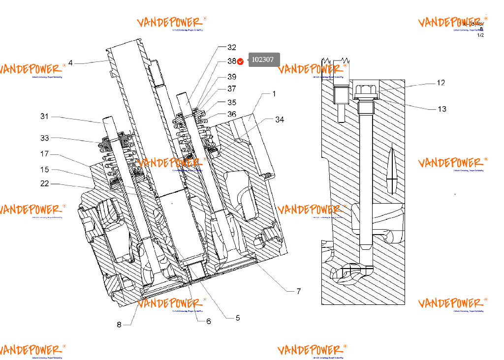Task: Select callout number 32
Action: [x=231, y=48]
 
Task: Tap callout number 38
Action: [x=231, y=61]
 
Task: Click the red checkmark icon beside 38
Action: [x=241, y=61]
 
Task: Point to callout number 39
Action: [x=231, y=77]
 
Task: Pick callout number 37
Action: [x=231, y=89]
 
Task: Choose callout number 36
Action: [x=231, y=114]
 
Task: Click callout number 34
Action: [x=280, y=120]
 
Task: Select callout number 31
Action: [x=45, y=117]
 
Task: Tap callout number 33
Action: [x=45, y=138]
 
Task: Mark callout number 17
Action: [x=45, y=154]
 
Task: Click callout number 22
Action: [x=45, y=184]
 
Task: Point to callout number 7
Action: [x=298, y=291]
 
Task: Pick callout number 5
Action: [x=237, y=318]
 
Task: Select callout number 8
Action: [x=119, y=324]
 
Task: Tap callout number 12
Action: [x=441, y=83]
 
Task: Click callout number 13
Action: [x=442, y=109]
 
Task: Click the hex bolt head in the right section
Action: [x=363, y=90]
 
